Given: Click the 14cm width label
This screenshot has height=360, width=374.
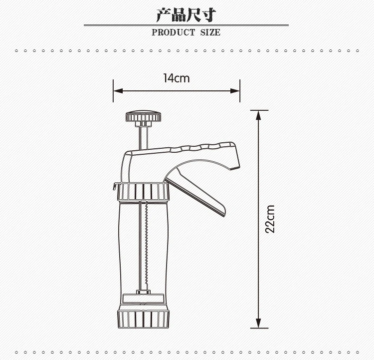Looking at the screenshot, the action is [x=176, y=78].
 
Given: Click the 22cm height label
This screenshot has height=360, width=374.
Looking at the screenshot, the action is [x=270, y=219].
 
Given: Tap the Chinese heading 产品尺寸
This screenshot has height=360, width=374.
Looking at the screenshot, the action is [x=187, y=15].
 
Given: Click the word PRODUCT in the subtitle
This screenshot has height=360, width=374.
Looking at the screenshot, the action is [x=173, y=32].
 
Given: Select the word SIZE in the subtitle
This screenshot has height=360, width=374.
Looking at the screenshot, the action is [x=210, y=32].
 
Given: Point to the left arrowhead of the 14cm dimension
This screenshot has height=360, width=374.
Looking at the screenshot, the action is [x=118, y=91].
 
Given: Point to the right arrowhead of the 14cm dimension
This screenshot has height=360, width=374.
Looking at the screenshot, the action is [x=235, y=91].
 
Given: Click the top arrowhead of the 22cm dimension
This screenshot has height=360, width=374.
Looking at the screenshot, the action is [x=258, y=115].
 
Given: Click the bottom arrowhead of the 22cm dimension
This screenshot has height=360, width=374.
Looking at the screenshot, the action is [x=258, y=323].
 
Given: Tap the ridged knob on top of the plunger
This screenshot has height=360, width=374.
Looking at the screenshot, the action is [x=143, y=116].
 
